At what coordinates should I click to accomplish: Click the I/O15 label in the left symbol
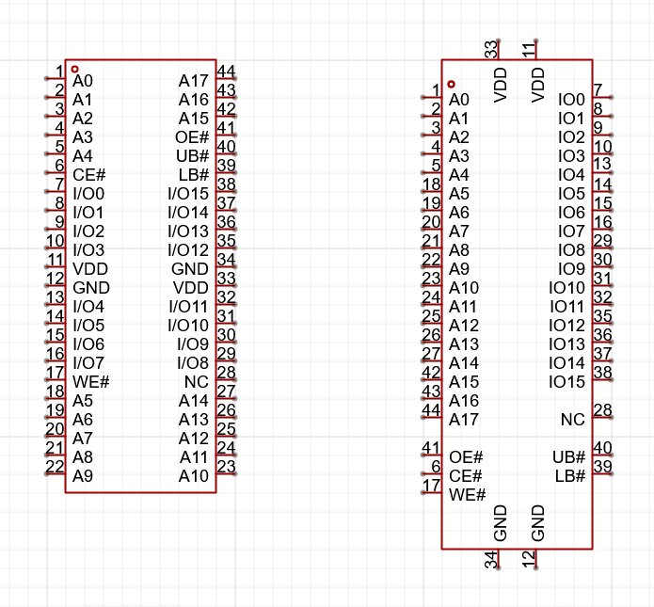tap(188, 194)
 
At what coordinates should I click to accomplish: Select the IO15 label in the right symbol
tap(566, 382)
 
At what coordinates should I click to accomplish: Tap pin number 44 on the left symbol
tap(226, 72)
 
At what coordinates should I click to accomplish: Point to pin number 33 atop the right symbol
tap(490, 50)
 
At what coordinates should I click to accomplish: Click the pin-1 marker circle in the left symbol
tap(75, 70)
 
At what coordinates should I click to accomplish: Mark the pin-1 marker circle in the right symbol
tap(452, 84)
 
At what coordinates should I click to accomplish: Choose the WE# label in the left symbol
tap(91, 382)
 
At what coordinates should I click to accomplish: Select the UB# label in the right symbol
tap(569, 457)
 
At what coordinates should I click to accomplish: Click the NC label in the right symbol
tap(573, 420)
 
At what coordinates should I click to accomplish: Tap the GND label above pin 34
tap(501, 523)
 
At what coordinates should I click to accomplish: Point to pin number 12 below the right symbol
tap(529, 560)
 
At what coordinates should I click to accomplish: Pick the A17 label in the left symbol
tap(194, 81)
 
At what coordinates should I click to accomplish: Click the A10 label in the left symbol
tap(194, 476)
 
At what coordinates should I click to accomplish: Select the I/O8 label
tap(192, 363)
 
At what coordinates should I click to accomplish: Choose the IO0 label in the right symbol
tap(571, 100)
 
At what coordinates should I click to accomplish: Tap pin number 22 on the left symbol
tap(55, 467)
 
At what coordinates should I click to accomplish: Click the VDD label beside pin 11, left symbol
tap(90, 269)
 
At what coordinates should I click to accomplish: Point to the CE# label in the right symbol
tap(466, 476)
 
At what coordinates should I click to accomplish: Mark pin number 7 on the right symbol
tap(598, 90)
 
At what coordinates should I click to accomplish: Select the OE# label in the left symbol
tap(192, 137)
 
